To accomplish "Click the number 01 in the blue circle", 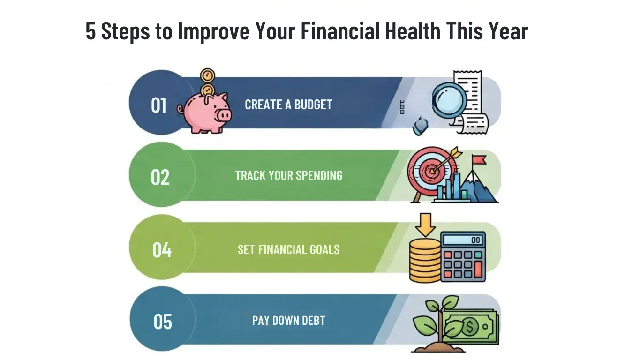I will coord(159,105).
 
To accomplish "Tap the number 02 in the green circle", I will coord(160,177).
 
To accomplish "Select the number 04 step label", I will coord(162,250).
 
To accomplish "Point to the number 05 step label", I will coord(163,322).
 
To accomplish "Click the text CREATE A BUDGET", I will coord(288,104).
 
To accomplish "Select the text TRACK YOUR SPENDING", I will coord(288,176).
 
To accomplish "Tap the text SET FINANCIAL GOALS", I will coord(288,249).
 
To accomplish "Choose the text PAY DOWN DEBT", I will coord(288,321).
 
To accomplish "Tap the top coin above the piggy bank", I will coord(207,75).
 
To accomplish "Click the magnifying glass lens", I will coord(449,99).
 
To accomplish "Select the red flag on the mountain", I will coord(479,160).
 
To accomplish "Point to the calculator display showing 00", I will coord(463,240).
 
